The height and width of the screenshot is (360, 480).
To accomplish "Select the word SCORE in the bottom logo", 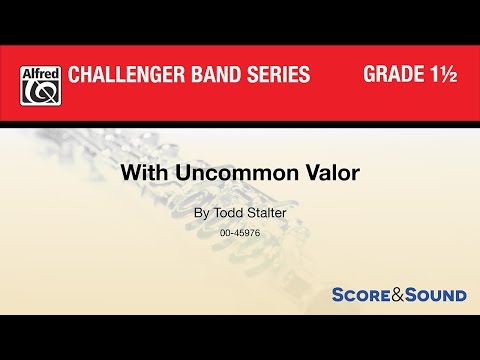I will pos(361,295).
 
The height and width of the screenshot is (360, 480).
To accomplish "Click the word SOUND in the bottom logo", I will pos(438,295).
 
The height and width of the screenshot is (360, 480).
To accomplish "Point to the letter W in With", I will pos(158,171).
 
